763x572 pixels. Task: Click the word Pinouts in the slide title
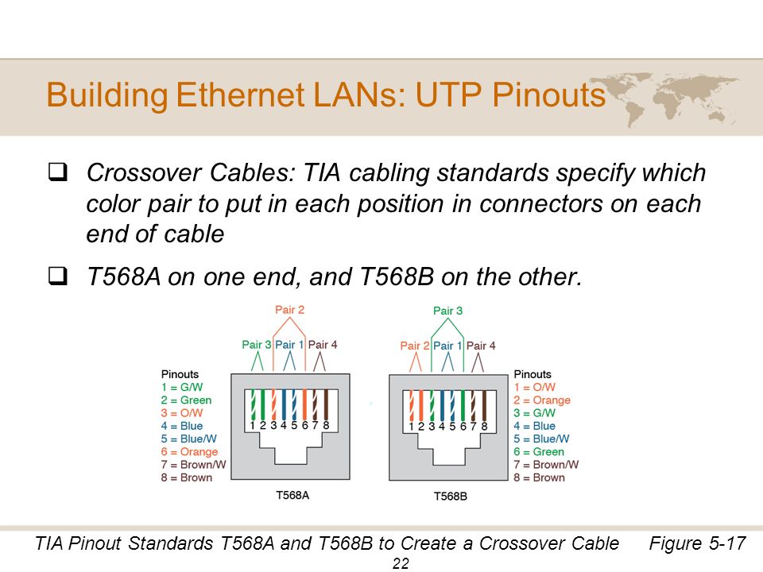(548, 95)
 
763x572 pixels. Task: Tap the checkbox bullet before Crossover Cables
(57, 172)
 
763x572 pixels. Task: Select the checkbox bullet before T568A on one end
(57, 276)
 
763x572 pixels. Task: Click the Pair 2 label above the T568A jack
(289, 310)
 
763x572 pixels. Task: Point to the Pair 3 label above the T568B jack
(447, 311)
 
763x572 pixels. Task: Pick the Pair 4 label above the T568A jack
(323, 345)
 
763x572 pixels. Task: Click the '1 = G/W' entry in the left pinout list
(182, 387)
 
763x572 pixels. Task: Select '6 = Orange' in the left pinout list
(189, 452)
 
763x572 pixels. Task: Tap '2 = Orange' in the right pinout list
(541, 400)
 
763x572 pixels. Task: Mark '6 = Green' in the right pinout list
(539, 452)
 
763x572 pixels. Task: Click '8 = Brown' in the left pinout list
(186, 477)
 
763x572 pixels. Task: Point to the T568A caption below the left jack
(292, 495)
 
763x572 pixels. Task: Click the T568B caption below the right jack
(451, 496)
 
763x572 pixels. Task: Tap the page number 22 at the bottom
(401, 564)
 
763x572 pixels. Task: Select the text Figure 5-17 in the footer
(697, 543)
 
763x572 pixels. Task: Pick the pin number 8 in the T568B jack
(484, 427)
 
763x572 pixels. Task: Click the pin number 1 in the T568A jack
(252, 426)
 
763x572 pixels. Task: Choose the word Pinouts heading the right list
(533, 374)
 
